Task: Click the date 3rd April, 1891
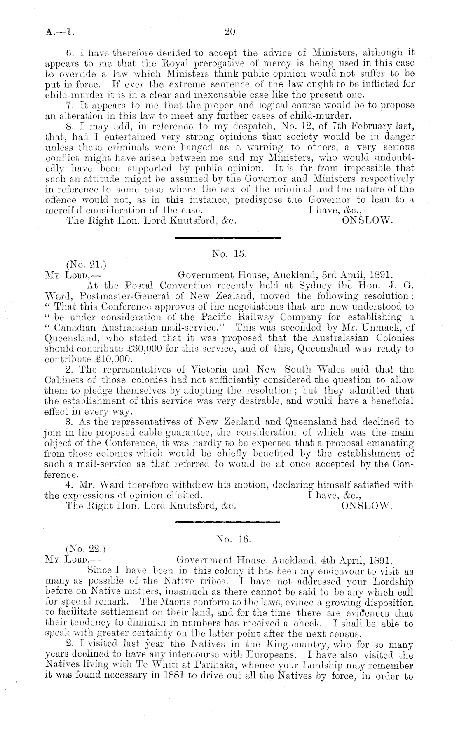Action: click(358, 274)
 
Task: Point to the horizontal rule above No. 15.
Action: click(228, 237)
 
